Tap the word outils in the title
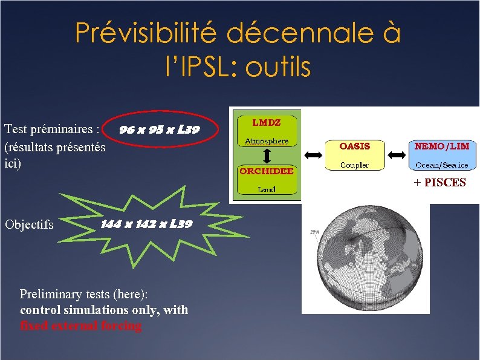[x=277, y=67]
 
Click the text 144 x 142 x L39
[x=146, y=224]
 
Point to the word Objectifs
[x=29, y=224]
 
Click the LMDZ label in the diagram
[x=266, y=122]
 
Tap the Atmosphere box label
[x=266, y=142]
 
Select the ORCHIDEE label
[x=267, y=171]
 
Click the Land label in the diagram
[x=266, y=189]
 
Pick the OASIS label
[x=354, y=146]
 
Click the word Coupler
[x=354, y=165]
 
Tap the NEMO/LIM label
[x=442, y=146]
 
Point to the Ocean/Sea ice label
[x=442, y=165]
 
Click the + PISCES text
[x=439, y=182]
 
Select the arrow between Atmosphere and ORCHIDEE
[x=267, y=155]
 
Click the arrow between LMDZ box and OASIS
[x=314, y=155]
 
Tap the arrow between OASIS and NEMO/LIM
[x=397, y=155]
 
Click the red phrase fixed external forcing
[x=80, y=326]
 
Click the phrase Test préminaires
[x=51, y=129]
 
